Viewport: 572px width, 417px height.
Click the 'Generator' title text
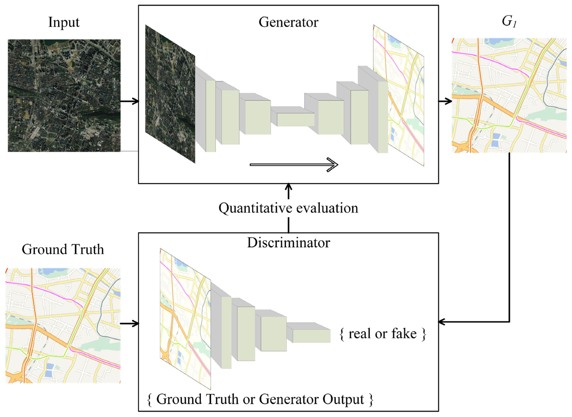288,22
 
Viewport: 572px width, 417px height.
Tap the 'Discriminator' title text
288,243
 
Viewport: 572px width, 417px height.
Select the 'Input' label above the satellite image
64,22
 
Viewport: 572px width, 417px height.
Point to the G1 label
508,22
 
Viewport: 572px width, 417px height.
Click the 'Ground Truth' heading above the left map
63,249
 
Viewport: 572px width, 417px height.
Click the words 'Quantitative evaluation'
288,208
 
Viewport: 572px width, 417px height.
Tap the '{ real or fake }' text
382,334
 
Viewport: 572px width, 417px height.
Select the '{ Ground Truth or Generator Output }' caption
260,399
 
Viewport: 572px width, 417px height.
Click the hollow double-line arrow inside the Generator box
294,165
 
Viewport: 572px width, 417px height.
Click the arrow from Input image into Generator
129,101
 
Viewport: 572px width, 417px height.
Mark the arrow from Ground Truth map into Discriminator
129,324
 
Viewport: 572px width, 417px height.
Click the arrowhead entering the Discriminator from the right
443,322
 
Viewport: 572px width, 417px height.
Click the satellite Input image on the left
64,95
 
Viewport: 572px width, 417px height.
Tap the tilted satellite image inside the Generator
170,94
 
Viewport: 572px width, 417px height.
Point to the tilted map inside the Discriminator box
185,319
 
